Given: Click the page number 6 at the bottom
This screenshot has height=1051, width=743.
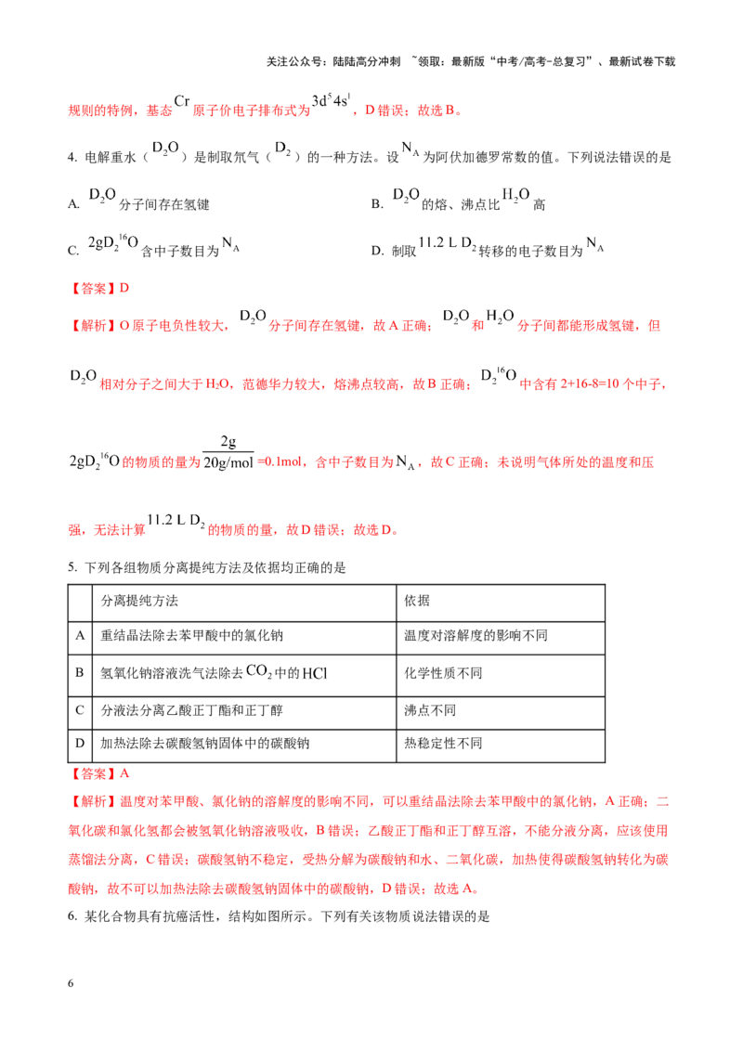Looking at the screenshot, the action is point(71,983).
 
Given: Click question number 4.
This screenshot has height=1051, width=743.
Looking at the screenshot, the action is point(72,158).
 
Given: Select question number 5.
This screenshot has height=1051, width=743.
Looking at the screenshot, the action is point(72,567).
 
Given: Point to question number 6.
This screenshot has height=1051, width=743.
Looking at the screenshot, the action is point(72,916).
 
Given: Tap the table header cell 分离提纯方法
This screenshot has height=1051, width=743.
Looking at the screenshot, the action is point(139,601).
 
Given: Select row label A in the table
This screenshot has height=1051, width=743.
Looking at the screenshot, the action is point(80,635).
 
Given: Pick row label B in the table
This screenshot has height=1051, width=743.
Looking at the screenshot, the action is point(80,672).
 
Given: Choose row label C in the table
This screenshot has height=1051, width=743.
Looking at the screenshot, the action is point(80,710).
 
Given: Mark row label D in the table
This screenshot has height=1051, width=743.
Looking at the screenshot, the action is point(80,744).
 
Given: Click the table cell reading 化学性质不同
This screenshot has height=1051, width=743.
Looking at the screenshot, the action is point(443,673).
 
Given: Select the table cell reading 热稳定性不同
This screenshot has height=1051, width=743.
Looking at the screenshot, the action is point(443,744).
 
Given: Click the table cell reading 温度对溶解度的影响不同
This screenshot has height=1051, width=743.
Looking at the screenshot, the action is point(476,635).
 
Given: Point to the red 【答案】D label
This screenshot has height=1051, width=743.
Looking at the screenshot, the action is point(99,288).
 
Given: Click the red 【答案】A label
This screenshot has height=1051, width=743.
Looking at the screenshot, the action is point(99,773).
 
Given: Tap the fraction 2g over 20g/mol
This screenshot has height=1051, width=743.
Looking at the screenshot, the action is point(228,452).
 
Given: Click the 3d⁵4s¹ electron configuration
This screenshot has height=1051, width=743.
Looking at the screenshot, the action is point(332,100).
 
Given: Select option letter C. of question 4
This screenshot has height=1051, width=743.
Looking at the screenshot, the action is point(73,251).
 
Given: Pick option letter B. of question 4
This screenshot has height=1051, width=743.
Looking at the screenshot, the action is point(377,203).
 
